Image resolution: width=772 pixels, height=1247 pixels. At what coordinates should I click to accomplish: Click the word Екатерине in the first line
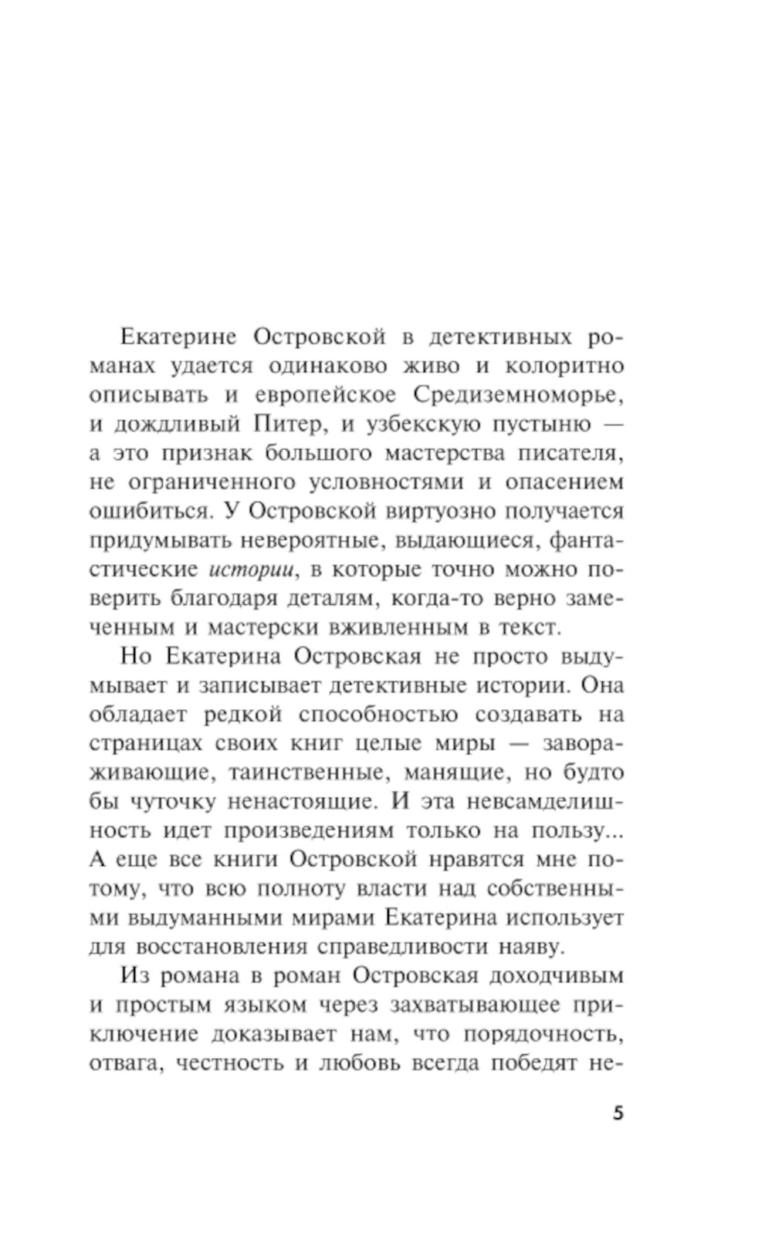click(171, 337)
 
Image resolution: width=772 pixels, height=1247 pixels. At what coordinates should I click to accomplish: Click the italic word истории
click(253, 569)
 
